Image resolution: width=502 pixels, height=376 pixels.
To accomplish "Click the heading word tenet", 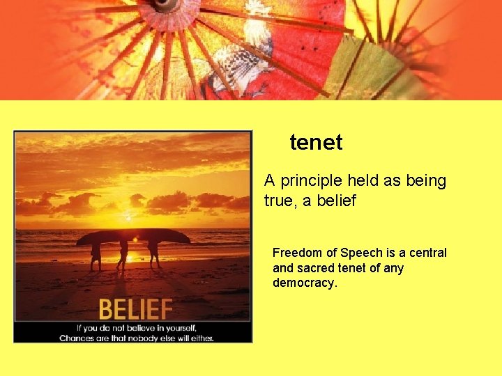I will [316, 143].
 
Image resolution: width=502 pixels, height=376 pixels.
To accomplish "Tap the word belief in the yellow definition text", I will [334, 201].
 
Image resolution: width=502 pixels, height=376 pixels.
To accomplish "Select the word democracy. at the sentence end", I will [305, 283].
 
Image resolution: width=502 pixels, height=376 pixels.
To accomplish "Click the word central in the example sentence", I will [427, 253].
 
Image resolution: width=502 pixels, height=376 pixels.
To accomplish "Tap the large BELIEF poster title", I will [135, 308].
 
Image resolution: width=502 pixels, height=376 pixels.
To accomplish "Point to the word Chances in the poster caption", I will [77, 338].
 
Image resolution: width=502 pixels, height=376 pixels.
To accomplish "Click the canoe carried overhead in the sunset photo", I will [132, 236].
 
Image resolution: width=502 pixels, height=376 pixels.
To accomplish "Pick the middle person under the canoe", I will [123, 255].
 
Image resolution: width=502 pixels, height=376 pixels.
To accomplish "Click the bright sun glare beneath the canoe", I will [135, 242].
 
